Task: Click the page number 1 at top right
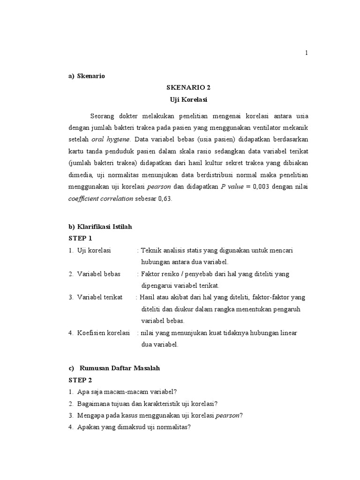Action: point(307,53)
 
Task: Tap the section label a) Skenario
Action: point(87,76)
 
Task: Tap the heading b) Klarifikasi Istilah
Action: point(100,226)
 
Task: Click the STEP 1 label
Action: point(81,238)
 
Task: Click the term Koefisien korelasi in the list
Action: point(103,333)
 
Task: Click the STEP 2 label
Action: point(81,380)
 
